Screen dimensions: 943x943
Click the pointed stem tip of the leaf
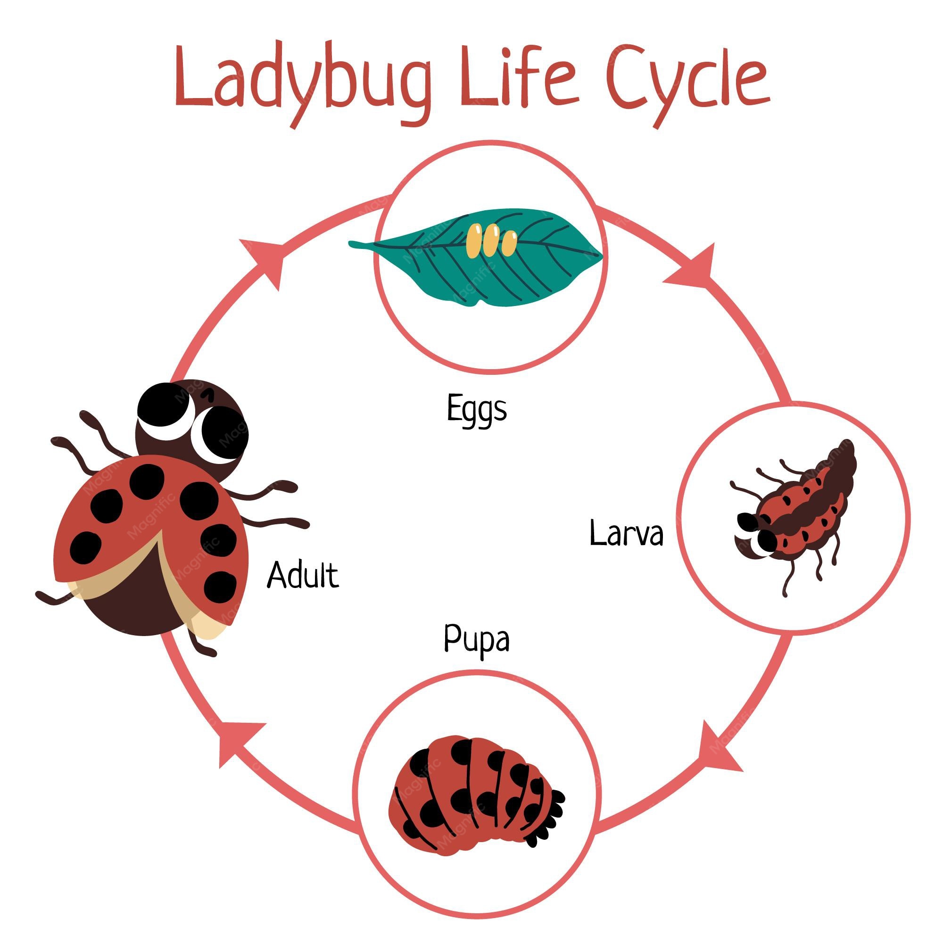pos(350,244)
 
